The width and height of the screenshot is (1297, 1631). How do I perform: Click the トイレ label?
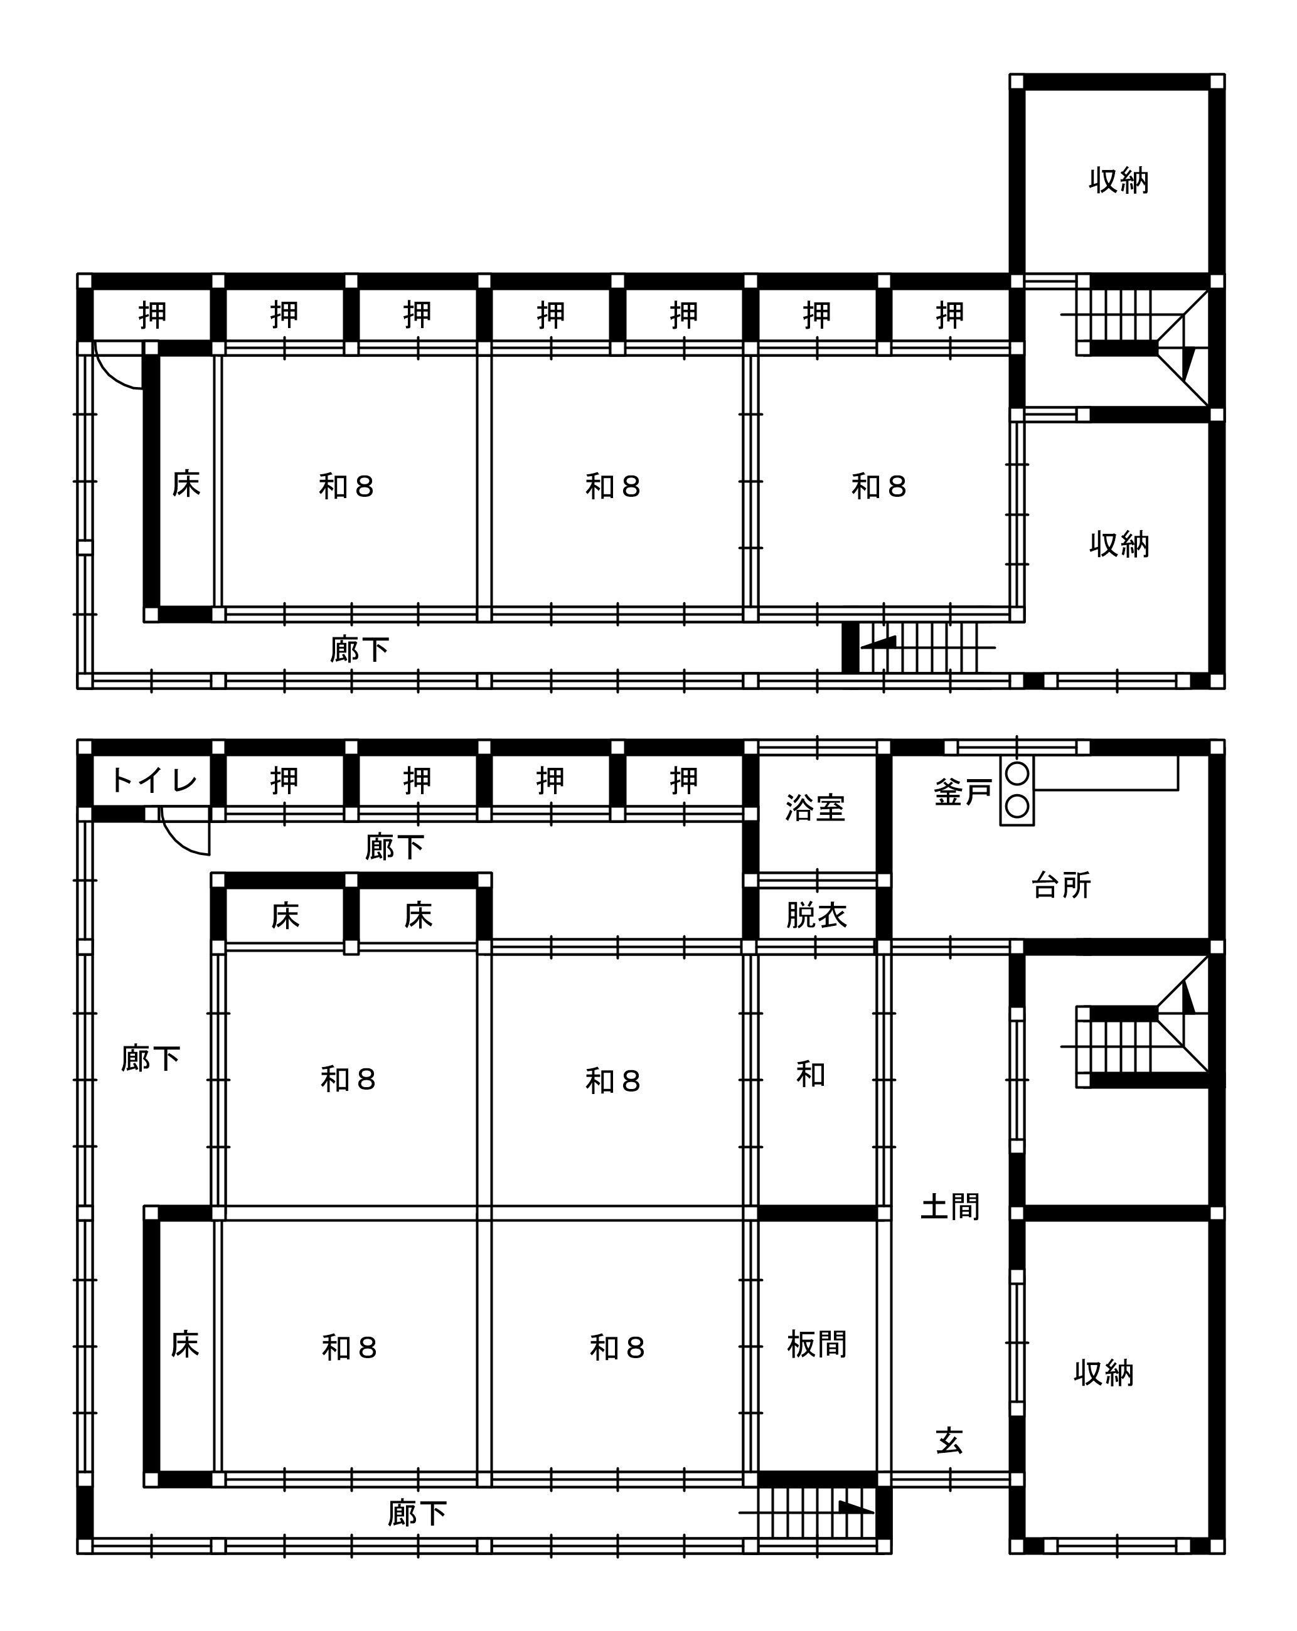[x=154, y=780]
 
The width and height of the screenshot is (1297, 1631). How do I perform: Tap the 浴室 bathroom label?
[x=815, y=808]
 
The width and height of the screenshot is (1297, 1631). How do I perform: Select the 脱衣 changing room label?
[x=816, y=915]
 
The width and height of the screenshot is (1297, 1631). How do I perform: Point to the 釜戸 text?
[x=963, y=792]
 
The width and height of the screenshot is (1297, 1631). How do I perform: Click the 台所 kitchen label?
[x=1061, y=885]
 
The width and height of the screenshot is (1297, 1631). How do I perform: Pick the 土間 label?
[x=949, y=1206]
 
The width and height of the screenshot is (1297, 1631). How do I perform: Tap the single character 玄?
[x=949, y=1441]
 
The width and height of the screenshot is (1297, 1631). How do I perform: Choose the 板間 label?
[x=816, y=1344]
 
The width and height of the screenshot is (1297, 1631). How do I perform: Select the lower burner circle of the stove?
[x=1017, y=807]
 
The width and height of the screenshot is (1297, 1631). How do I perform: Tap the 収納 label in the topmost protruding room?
[x=1118, y=181]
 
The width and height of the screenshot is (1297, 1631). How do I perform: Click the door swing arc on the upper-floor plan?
[x=110, y=377]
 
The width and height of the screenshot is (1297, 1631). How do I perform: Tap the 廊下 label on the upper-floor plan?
[x=360, y=649]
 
